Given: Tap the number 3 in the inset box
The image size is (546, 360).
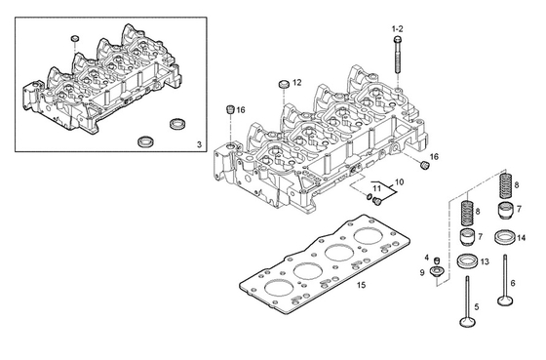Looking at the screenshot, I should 199,144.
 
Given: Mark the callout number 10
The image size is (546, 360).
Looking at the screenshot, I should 398,181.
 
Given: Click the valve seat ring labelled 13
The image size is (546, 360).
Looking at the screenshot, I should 468,261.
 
